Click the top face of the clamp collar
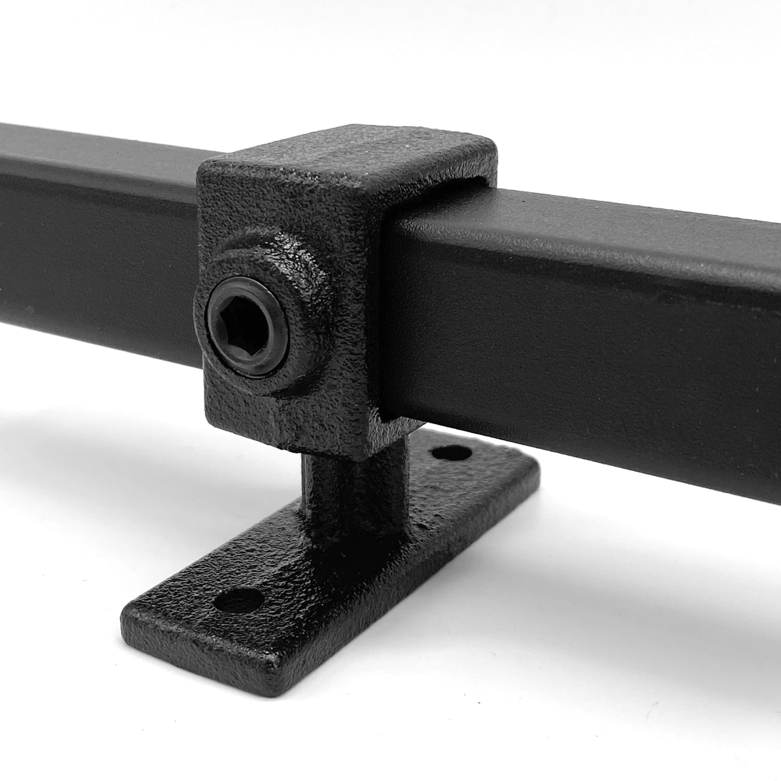(x=344, y=156)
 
